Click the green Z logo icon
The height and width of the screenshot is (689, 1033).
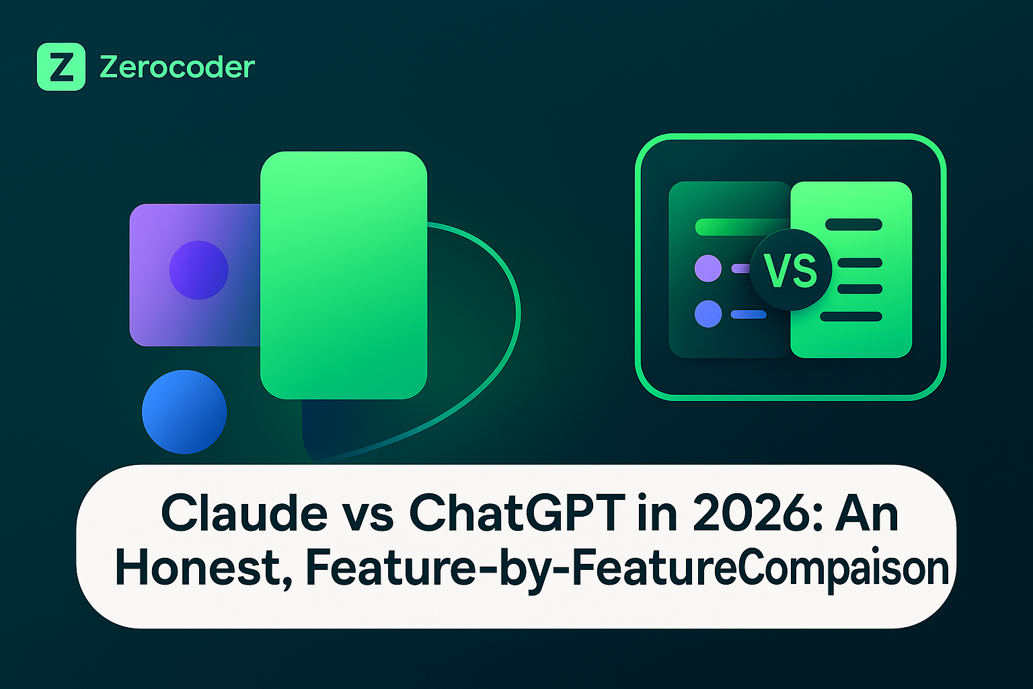pos(61,67)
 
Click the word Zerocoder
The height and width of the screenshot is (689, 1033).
pos(177,67)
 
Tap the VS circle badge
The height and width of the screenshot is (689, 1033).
pos(791,270)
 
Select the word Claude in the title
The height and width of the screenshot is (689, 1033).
pos(244,513)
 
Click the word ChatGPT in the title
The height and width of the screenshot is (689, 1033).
pos(517,513)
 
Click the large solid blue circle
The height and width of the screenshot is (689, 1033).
pos(184,412)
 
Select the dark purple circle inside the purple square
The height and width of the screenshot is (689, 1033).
pos(199,270)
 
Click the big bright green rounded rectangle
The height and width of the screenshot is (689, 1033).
pos(344,275)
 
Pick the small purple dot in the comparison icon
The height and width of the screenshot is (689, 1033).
pos(708,268)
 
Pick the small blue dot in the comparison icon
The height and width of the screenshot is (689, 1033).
pos(708,314)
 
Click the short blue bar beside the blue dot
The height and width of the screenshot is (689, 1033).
pos(749,315)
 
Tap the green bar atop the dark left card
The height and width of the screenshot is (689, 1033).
pos(742,227)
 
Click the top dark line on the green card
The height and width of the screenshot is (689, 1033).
pos(853,225)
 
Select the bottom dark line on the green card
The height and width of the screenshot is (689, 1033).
pos(851,317)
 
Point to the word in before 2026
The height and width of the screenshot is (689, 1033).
pos(658,513)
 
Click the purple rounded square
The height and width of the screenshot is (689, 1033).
pos(194,275)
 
